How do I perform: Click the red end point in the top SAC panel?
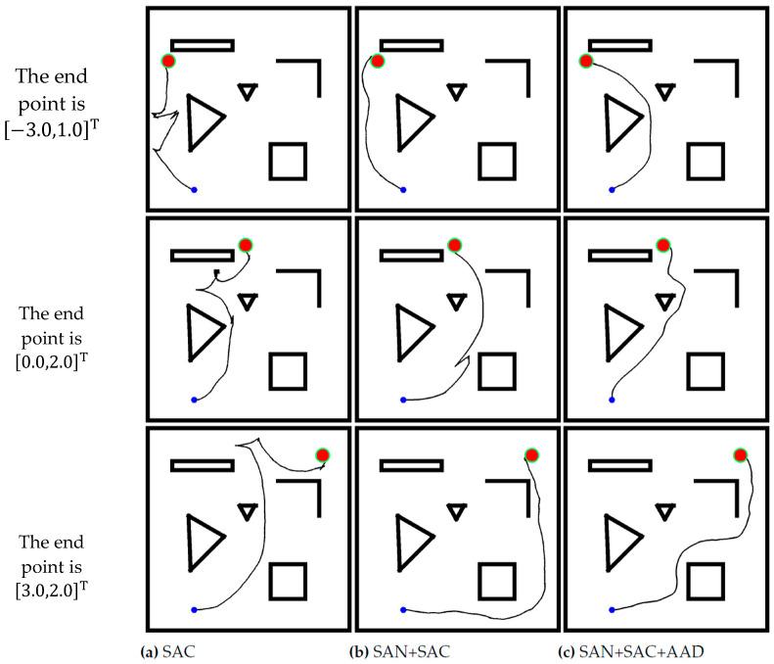click(x=168, y=62)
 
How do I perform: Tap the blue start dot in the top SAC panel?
click(x=194, y=189)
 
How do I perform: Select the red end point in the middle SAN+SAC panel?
click(x=454, y=245)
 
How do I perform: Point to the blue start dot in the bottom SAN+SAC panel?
click(x=403, y=610)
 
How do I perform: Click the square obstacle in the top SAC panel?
click(x=288, y=161)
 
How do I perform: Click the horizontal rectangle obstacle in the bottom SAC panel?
click(x=203, y=465)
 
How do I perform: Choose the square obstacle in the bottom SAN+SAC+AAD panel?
click(x=706, y=582)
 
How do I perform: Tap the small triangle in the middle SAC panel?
click(x=248, y=301)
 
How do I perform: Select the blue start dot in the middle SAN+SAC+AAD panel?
click(x=613, y=401)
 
